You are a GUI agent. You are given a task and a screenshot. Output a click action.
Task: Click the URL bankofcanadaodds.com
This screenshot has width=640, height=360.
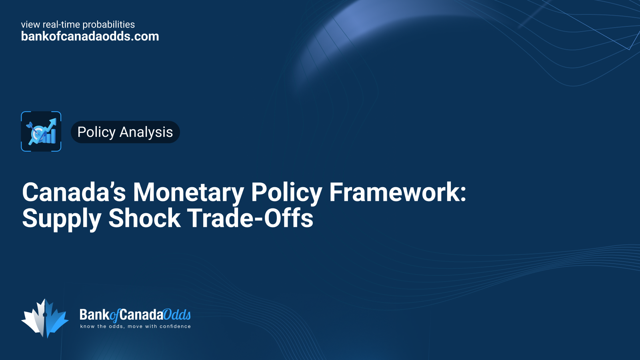(90, 36)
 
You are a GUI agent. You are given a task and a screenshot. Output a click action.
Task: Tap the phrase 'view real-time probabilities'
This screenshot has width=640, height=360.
(78, 24)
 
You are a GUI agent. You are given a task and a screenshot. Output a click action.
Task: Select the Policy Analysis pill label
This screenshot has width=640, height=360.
(125, 132)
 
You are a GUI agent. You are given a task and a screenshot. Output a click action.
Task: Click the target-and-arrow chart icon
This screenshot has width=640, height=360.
(41, 132)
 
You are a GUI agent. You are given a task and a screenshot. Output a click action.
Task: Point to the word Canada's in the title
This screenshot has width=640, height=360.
(74, 192)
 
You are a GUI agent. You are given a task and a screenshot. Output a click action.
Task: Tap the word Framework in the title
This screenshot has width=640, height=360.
(394, 192)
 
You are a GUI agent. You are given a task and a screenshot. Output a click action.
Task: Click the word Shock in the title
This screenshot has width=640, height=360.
(144, 218)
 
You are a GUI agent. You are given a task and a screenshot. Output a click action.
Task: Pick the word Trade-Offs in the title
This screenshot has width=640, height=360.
(250, 218)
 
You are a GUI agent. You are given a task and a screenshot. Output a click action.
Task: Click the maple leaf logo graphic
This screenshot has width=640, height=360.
(45, 318)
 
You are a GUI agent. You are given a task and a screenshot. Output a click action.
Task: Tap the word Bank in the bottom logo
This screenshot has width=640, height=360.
(94, 315)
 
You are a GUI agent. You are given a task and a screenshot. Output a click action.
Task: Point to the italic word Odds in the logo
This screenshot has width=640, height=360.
(177, 315)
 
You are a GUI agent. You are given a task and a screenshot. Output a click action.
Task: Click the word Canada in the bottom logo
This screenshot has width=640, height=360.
(142, 315)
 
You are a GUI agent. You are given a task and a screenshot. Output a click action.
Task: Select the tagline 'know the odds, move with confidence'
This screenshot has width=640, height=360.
(136, 326)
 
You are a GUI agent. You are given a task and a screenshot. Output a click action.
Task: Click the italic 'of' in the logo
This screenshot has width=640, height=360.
(114, 316)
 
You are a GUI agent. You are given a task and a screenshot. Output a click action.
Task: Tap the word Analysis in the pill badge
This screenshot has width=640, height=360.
(146, 132)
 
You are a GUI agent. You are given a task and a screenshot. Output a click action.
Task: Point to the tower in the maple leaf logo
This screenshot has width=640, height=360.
(45, 318)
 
